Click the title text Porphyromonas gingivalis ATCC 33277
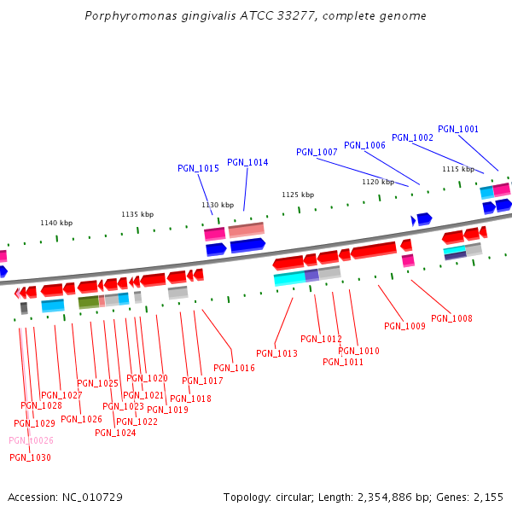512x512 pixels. [x=256, y=16]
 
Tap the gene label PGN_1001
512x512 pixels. [x=458, y=130]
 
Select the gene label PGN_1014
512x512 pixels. [x=247, y=162]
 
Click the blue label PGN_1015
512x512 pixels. [x=198, y=168]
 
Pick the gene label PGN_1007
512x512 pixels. [x=317, y=152]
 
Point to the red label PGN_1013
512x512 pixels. [x=276, y=353]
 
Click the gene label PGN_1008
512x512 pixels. [x=451, y=318]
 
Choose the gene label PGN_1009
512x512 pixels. [x=404, y=326]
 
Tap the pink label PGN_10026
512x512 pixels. [x=31, y=440]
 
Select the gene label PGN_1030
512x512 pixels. [x=30, y=457]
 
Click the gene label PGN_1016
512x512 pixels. [x=234, y=368]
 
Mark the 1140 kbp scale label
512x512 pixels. [x=56, y=223]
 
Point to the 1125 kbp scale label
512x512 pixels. [x=298, y=195]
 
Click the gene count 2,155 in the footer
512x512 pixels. [x=488, y=497]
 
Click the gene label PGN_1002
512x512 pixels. [x=412, y=137]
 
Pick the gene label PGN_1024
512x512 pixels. [x=115, y=433]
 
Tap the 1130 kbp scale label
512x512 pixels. [x=218, y=205]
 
